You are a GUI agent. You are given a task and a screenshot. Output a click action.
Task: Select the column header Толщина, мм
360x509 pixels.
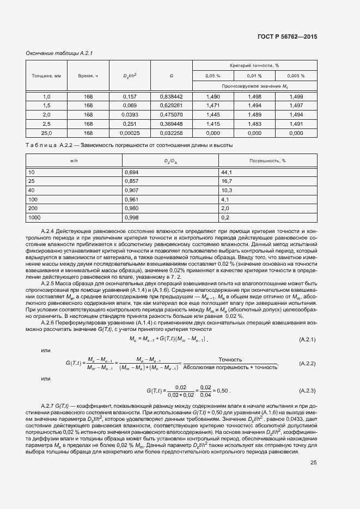[x=41, y=76]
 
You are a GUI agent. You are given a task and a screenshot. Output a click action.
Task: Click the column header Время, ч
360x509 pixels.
[x=88, y=76]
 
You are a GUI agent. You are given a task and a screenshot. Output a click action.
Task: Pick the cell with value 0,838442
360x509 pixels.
[x=172, y=96]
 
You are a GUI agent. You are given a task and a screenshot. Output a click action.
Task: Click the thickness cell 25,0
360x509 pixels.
[x=46, y=133]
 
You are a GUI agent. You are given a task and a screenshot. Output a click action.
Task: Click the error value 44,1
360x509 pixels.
[x=227, y=173]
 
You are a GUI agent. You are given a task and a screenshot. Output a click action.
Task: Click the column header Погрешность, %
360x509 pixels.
[x=268, y=161]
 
